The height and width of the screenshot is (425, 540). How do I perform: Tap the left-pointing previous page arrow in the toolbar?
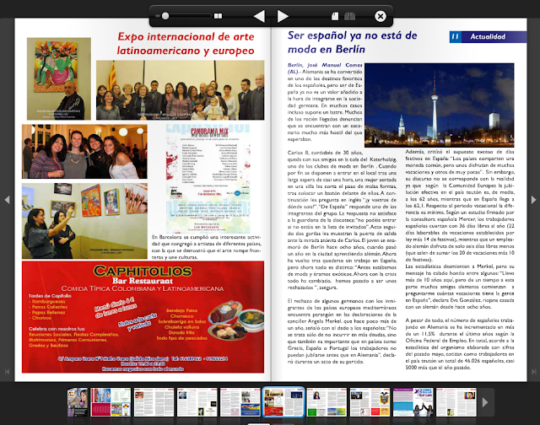pyautogui.click(x=259, y=16)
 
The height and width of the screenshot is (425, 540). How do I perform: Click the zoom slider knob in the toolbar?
pyautogui.click(x=165, y=16)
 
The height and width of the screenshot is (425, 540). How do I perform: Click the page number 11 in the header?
pyautogui.click(x=454, y=36)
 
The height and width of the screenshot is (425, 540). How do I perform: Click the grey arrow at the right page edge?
pyautogui.click(x=532, y=199)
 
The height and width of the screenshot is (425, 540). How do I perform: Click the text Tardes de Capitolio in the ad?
pyautogui.click(x=54, y=330)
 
